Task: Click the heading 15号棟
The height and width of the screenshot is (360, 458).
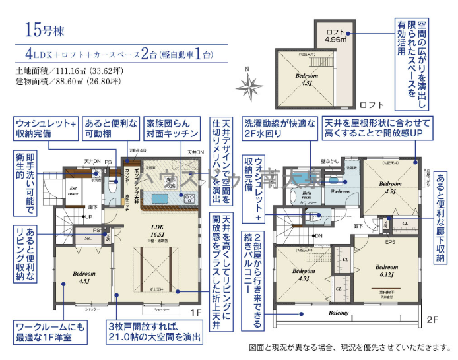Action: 45,30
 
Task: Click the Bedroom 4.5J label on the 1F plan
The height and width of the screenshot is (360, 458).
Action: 84,276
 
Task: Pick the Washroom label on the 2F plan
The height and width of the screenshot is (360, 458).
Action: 341,191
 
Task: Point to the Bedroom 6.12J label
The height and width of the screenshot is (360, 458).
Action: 386,270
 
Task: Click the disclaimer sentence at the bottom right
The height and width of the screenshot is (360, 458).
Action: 350,347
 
